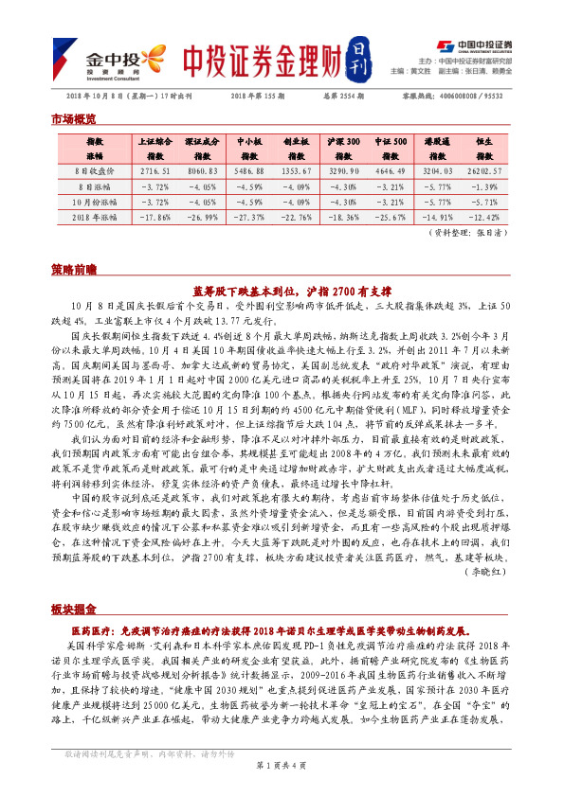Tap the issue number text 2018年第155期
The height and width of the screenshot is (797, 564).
(257, 97)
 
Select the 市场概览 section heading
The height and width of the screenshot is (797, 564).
(73, 119)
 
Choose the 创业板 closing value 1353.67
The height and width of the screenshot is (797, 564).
(297, 171)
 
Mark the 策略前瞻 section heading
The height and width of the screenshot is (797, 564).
(73, 270)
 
